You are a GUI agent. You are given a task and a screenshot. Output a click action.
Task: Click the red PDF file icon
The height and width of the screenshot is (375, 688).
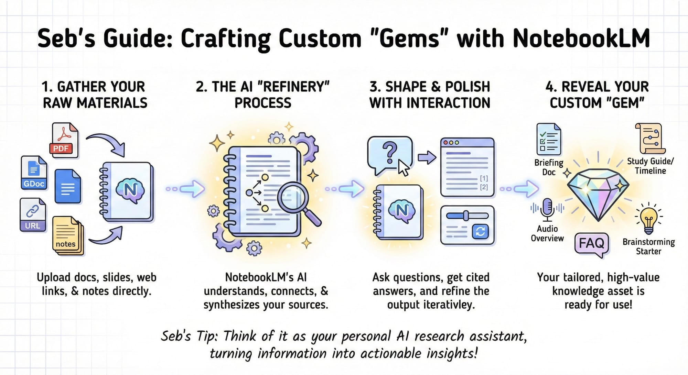[x=65, y=140]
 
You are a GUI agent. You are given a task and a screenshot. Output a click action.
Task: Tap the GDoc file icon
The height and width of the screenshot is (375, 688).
[x=34, y=173]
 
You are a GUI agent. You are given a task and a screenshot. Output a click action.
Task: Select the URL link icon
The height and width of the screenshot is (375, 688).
[x=33, y=214]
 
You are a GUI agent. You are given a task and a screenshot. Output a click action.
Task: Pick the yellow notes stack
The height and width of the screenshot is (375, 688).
[x=68, y=236]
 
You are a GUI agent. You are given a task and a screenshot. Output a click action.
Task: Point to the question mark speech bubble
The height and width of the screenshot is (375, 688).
[x=389, y=154]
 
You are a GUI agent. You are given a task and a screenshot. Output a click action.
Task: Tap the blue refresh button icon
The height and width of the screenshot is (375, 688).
[x=480, y=231]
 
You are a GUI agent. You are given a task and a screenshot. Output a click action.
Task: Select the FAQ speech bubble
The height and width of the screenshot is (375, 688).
[x=591, y=243]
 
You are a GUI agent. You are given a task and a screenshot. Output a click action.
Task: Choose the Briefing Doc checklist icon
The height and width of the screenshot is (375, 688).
[x=549, y=140]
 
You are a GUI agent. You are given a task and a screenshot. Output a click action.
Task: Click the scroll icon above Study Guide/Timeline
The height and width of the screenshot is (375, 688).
[x=650, y=138]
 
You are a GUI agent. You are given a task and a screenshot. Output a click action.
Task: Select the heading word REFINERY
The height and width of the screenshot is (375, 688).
[x=293, y=87]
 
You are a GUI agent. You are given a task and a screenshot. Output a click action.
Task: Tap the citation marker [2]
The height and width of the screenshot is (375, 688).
[x=484, y=187]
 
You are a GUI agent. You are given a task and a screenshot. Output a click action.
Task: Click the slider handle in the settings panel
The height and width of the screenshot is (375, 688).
[x=466, y=216]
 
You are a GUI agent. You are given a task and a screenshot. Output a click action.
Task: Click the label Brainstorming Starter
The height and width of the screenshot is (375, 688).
[x=648, y=246]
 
